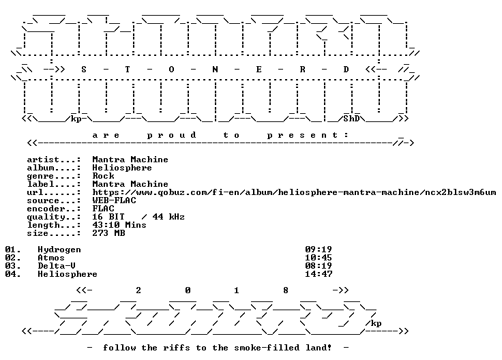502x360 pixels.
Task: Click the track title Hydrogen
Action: pos(59,250)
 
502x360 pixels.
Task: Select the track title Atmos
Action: pos(51,258)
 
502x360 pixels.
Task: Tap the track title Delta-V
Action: pos(57,266)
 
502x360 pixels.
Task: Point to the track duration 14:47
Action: pos(319,274)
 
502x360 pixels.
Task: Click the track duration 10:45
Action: pos(319,258)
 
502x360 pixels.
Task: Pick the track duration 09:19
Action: pos(319,250)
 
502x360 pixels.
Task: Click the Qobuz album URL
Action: pos(294,192)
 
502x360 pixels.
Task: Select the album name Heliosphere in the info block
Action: pos(122,168)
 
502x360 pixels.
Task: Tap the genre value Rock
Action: pos(103,176)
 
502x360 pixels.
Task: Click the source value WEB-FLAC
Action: pos(114,200)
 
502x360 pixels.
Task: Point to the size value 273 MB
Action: pos(108,233)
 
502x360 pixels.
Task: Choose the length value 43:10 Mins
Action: pos(119,225)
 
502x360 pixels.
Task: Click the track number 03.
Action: pos(13,266)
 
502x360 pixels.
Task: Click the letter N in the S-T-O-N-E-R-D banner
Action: pos(215,70)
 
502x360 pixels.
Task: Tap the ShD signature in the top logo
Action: pos(351,119)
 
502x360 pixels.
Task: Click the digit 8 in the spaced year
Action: pos(286,290)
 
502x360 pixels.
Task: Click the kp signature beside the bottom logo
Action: pos(376,323)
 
